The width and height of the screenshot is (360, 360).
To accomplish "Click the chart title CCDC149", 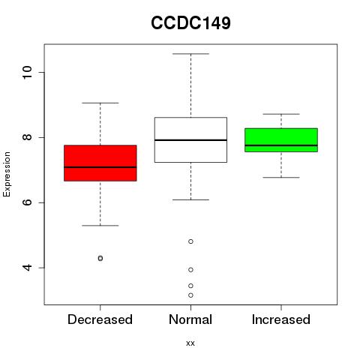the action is pyautogui.click(x=190, y=23).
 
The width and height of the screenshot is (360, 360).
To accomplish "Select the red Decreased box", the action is pyautogui.click(x=100, y=163).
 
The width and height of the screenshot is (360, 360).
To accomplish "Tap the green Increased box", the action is pyautogui.click(x=281, y=140).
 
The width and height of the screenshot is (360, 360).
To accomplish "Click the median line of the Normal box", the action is pyautogui.click(x=190, y=140).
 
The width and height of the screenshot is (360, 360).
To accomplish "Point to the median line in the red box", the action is pyautogui.click(x=100, y=167).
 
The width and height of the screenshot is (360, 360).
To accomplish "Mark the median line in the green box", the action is pyautogui.click(x=281, y=145).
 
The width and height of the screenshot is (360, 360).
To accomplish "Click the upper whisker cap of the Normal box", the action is pyautogui.click(x=190, y=54).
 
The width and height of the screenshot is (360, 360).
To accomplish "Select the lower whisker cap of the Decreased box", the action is pyautogui.click(x=100, y=226).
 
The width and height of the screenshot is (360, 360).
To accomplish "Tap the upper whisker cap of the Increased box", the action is pyautogui.click(x=281, y=114).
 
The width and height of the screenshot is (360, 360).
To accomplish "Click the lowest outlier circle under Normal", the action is pyautogui.click(x=190, y=295).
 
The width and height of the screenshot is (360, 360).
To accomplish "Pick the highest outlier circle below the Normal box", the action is pyautogui.click(x=190, y=241).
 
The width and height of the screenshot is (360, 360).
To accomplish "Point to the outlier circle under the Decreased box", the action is pyautogui.click(x=100, y=258).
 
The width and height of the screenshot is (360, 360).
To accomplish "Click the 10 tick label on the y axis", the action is pyautogui.click(x=27, y=73).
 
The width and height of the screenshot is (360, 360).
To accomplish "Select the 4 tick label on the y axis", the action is pyautogui.click(x=27, y=268).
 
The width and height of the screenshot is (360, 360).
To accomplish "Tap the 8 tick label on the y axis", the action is pyautogui.click(x=27, y=137).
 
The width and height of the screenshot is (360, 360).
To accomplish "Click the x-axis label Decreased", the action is pyautogui.click(x=100, y=319).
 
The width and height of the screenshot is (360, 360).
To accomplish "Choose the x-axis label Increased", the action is pyautogui.click(x=281, y=319).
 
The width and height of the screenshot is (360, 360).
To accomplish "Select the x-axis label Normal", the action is pyautogui.click(x=190, y=319).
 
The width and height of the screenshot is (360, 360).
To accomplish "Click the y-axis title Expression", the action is pyautogui.click(x=7, y=174).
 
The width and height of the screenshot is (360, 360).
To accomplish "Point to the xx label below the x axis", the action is pyautogui.click(x=190, y=343).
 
